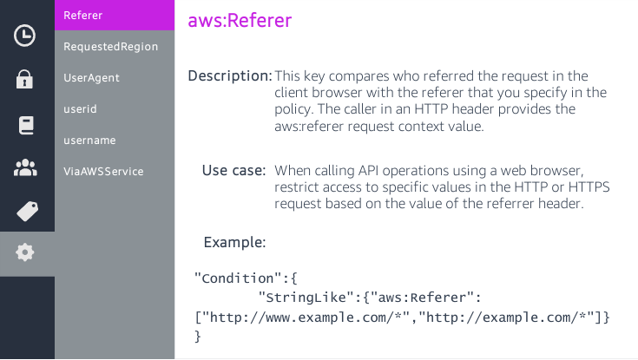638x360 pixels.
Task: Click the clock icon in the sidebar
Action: point(25,36)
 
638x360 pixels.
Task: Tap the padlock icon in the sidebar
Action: point(25,80)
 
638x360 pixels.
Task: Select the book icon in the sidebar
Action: point(25,125)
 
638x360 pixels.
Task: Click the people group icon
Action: point(25,167)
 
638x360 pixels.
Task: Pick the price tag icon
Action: point(26,211)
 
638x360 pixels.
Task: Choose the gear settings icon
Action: point(25,252)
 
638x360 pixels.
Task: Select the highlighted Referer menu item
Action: point(83,15)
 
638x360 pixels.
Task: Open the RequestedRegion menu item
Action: point(110,46)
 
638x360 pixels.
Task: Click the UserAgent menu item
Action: point(91,77)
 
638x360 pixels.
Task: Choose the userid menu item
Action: point(80,108)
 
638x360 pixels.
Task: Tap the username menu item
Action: point(89,140)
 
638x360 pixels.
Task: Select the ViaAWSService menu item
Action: point(103,171)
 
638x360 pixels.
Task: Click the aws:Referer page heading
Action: point(240,20)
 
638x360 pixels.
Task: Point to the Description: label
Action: point(230,76)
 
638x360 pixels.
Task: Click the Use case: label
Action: point(233,171)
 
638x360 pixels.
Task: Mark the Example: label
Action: point(234,242)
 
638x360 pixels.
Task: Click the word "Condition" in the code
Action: point(240,278)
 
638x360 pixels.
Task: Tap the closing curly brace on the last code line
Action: point(198,336)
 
